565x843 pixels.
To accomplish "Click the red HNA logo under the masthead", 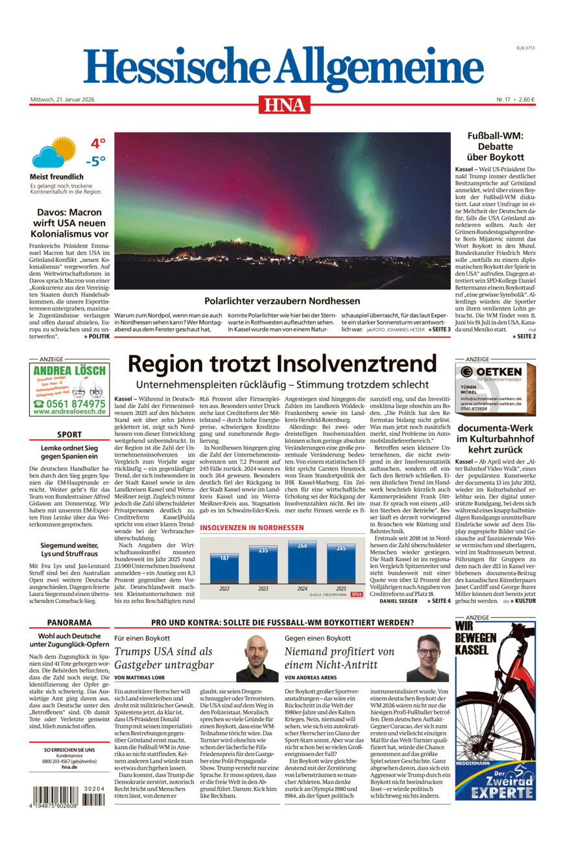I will click(x=284, y=104).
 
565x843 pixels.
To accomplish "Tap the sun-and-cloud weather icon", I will click(x=54, y=152).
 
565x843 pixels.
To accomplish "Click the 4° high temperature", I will click(x=98, y=143).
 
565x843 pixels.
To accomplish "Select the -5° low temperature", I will click(x=95, y=161).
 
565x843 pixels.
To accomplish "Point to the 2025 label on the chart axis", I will click(x=341, y=589).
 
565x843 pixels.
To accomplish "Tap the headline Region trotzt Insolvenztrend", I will click(x=282, y=363).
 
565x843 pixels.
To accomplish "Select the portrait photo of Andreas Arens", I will click(x=427, y=658).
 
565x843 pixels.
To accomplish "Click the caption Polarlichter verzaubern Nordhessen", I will click(x=282, y=301).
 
